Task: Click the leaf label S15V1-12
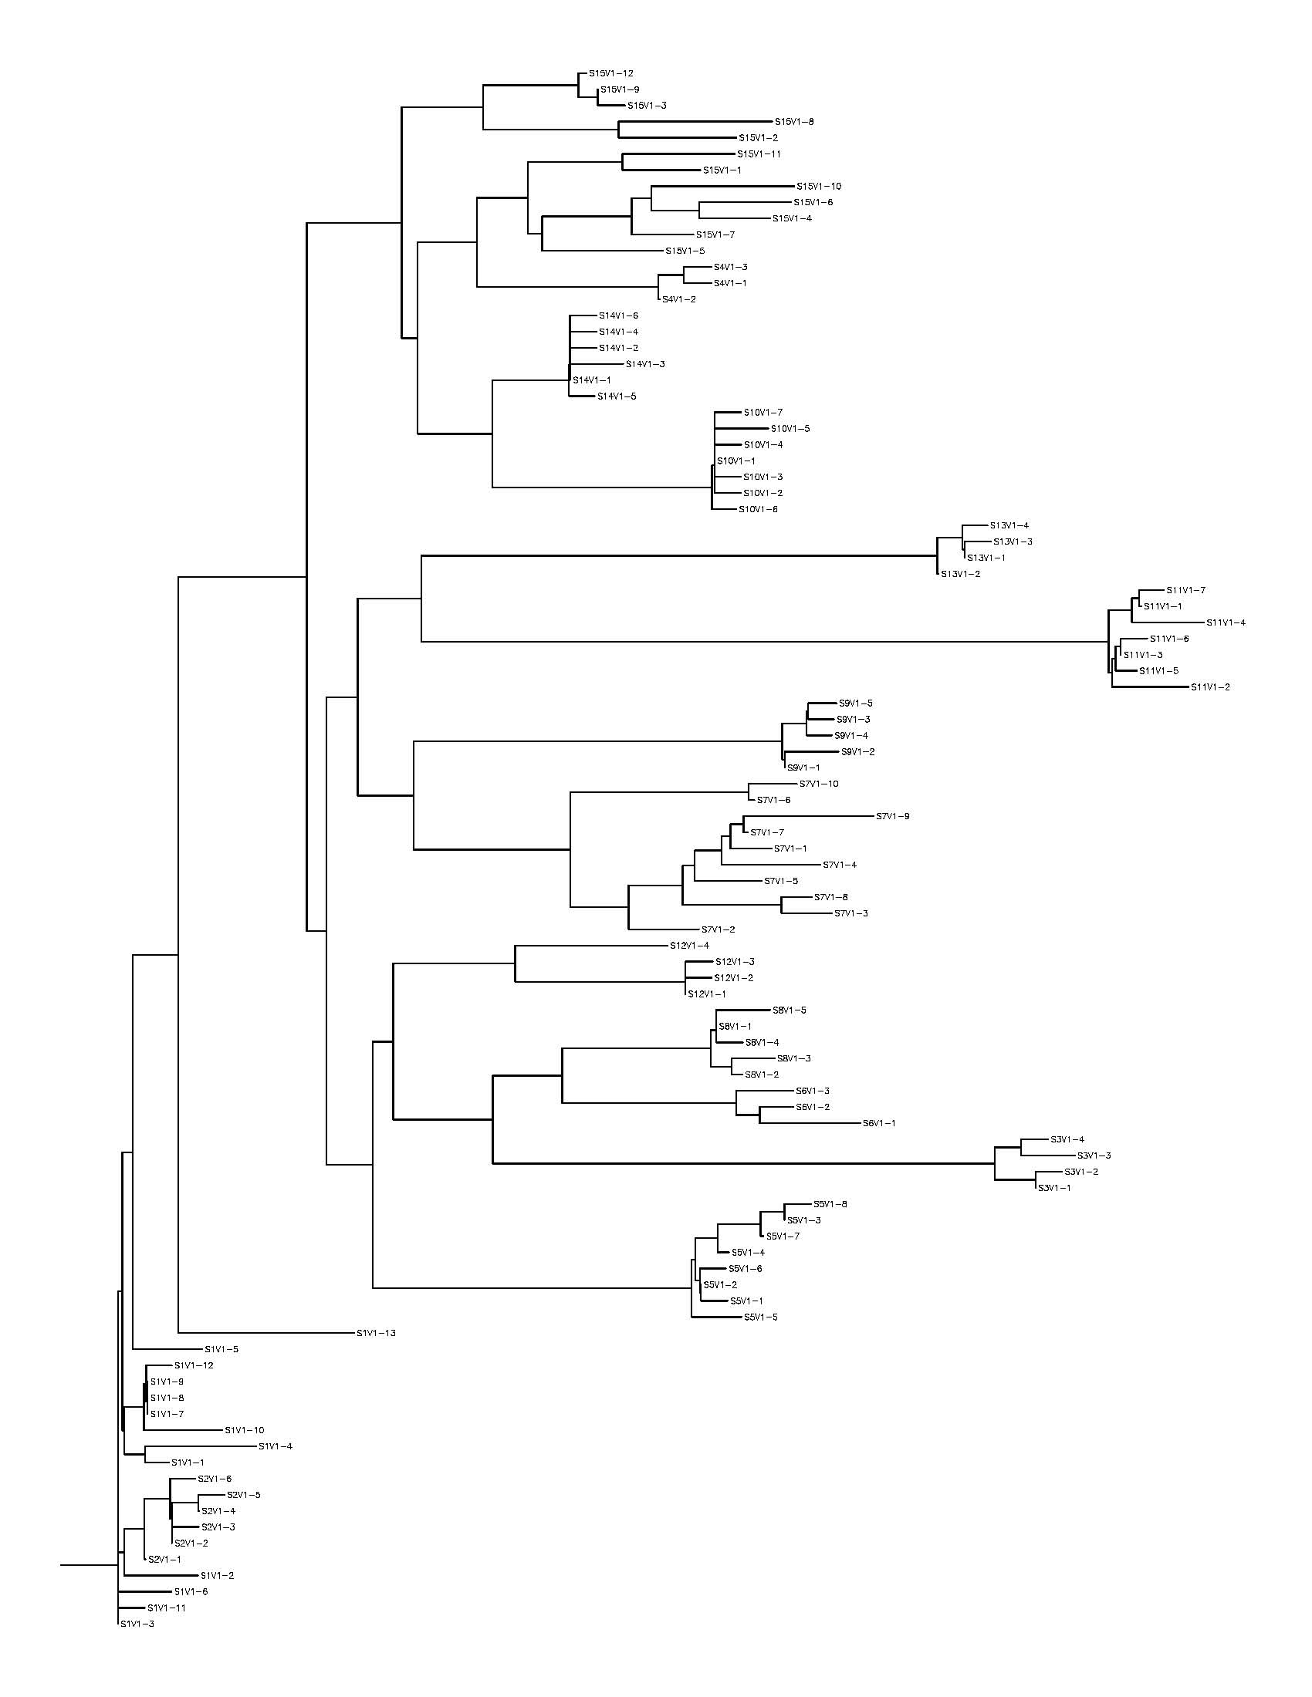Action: click(x=611, y=74)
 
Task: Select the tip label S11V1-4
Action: click(x=1226, y=622)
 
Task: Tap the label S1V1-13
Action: click(x=376, y=1334)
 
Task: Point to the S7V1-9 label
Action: click(x=892, y=817)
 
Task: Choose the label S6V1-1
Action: click(x=879, y=1124)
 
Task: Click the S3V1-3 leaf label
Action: click(x=1094, y=1156)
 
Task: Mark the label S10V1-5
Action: click(x=790, y=429)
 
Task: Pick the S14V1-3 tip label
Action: click(x=645, y=364)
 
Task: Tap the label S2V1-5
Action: click(x=243, y=1495)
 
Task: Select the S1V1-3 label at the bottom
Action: click(x=137, y=1624)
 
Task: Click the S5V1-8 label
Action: click(x=830, y=1204)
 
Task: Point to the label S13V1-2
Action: click(x=961, y=574)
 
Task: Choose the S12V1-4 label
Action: click(x=689, y=946)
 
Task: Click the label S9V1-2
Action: click(x=858, y=752)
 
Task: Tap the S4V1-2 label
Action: click(x=679, y=299)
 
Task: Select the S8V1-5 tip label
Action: click(x=789, y=1010)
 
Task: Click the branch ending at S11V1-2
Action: click(x=1150, y=687)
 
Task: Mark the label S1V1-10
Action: click(x=245, y=1430)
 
